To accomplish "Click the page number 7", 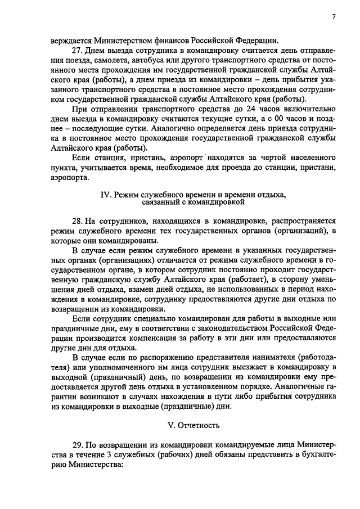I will point(334,17).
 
